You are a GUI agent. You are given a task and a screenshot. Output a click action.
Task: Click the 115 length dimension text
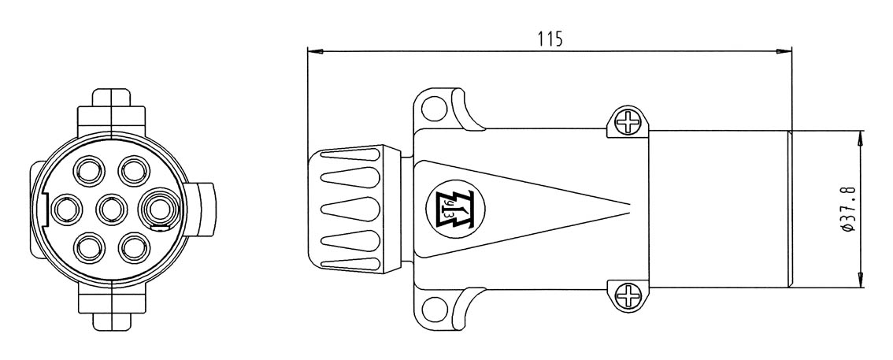tap(550, 39)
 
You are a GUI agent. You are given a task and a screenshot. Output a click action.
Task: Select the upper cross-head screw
tap(627, 121)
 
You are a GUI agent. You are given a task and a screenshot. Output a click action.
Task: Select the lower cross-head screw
tap(627, 295)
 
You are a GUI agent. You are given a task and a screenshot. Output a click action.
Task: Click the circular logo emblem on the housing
tap(455, 208)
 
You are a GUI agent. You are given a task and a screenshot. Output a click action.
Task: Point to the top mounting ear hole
tap(434, 109)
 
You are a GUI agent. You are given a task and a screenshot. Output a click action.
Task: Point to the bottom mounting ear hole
tap(434, 308)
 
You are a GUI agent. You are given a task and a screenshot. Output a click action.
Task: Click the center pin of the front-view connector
tap(112, 209)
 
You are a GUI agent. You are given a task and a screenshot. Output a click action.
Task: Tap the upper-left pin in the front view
tap(90, 171)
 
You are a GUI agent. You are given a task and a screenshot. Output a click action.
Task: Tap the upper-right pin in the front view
tap(134, 171)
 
